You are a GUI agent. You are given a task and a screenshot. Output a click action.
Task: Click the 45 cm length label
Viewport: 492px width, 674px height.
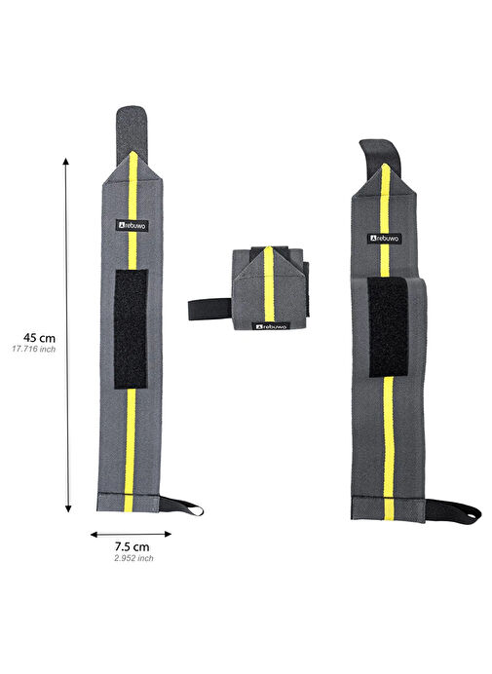(39, 337)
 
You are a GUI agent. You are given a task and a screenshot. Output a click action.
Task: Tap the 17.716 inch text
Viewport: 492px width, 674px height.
(34, 349)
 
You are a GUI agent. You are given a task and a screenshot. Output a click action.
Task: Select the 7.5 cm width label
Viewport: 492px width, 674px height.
(132, 546)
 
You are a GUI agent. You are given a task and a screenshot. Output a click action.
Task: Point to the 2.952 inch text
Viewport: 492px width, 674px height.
(133, 558)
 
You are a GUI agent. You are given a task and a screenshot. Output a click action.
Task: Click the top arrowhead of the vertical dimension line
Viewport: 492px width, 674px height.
(66, 161)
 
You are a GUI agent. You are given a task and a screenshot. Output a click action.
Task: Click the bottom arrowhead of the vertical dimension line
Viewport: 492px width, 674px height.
(68, 509)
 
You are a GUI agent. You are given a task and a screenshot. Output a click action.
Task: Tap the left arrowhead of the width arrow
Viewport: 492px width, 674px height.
(94, 535)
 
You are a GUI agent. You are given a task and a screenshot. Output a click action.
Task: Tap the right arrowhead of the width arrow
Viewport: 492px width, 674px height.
(169, 535)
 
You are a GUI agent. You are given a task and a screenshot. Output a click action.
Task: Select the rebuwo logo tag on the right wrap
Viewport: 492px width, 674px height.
(386, 238)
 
